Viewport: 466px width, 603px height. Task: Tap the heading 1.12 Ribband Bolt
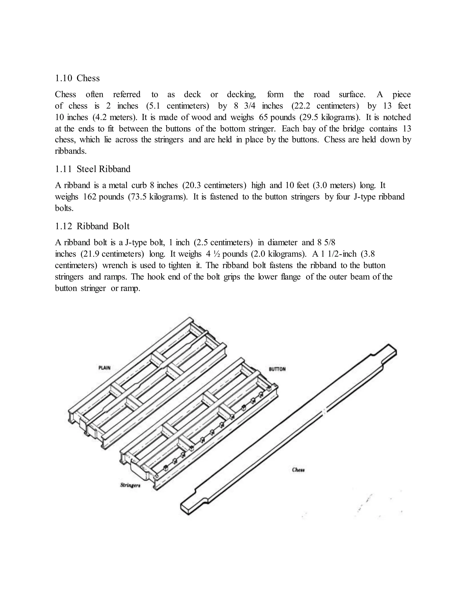click(x=92, y=226)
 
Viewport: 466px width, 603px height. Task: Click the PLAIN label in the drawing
click(x=104, y=368)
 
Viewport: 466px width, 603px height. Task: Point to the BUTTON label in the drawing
click(x=277, y=369)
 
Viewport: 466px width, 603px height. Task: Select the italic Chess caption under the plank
click(x=298, y=470)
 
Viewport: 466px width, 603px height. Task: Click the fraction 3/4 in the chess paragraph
click(x=250, y=106)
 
